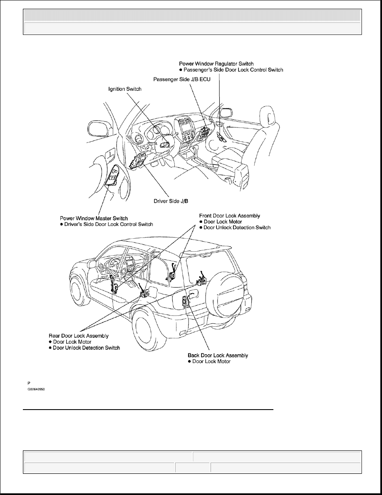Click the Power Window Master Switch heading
[x=94, y=218]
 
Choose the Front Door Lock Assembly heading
[x=229, y=216]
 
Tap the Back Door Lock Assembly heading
[x=218, y=355]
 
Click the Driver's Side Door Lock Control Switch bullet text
[x=109, y=224]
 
